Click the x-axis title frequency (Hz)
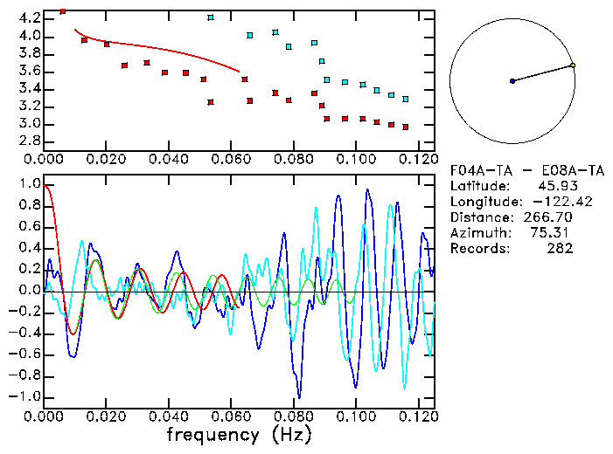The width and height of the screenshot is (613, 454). (237, 434)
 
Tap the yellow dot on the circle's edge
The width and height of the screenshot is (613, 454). (573, 65)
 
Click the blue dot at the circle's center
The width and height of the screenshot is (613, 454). (512, 81)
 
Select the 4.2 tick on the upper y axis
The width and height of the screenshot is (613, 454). (29, 18)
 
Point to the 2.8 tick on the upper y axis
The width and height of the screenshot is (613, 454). (29, 141)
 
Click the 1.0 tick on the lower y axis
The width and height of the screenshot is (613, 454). (29, 184)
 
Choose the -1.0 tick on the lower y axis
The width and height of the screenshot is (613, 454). (26, 397)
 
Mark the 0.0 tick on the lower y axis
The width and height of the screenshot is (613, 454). (29, 291)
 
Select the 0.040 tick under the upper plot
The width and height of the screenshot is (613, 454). (169, 159)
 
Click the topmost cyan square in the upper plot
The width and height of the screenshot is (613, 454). (211, 17)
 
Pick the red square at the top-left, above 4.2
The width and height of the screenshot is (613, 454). (63, 10)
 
